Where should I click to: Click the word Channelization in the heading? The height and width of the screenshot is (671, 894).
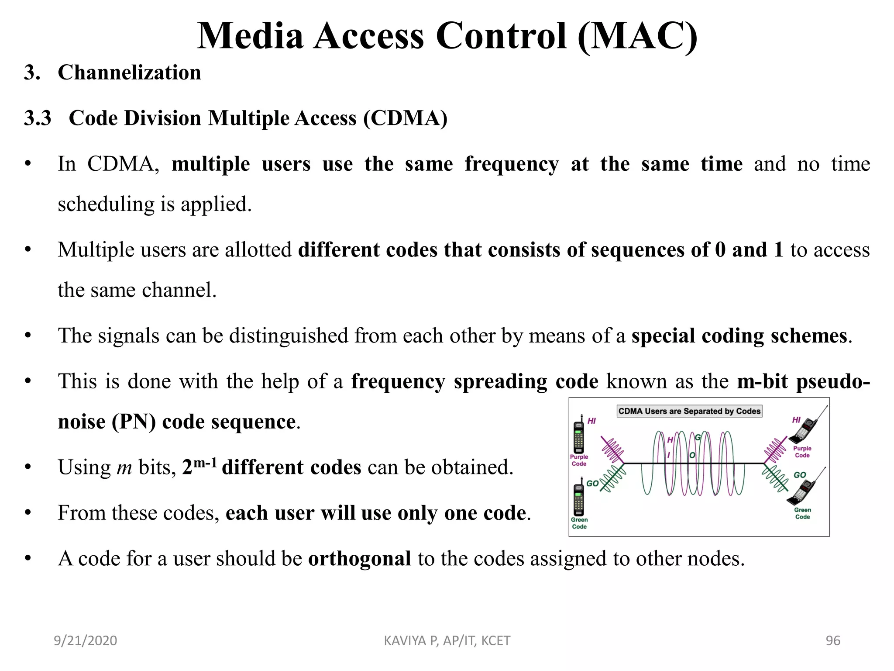[x=129, y=73]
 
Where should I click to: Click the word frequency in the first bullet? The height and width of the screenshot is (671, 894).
[x=511, y=164]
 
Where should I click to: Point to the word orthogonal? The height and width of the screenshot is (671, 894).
[x=359, y=559]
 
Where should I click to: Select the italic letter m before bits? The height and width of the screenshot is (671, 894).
[x=124, y=468]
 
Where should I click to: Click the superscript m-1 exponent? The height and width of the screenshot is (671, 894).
[x=205, y=462]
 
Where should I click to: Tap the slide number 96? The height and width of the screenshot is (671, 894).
[x=832, y=640]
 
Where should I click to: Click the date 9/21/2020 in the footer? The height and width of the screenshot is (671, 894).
[x=85, y=640]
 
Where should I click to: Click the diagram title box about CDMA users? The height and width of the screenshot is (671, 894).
[x=689, y=411]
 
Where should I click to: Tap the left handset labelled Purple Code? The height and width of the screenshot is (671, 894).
[x=579, y=437]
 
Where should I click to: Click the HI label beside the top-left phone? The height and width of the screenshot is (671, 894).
[x=591, y=421]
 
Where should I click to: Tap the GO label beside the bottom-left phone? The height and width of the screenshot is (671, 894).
[x=592, y=483]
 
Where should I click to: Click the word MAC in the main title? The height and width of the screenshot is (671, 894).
[x=637, y=36]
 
